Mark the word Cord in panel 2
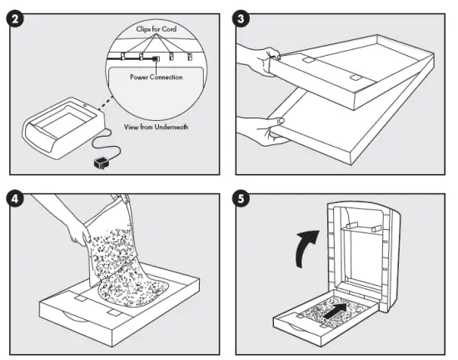pyautogui.click(x=177, y=29)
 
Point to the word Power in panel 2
pyautogui.click(x=139, y=77)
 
